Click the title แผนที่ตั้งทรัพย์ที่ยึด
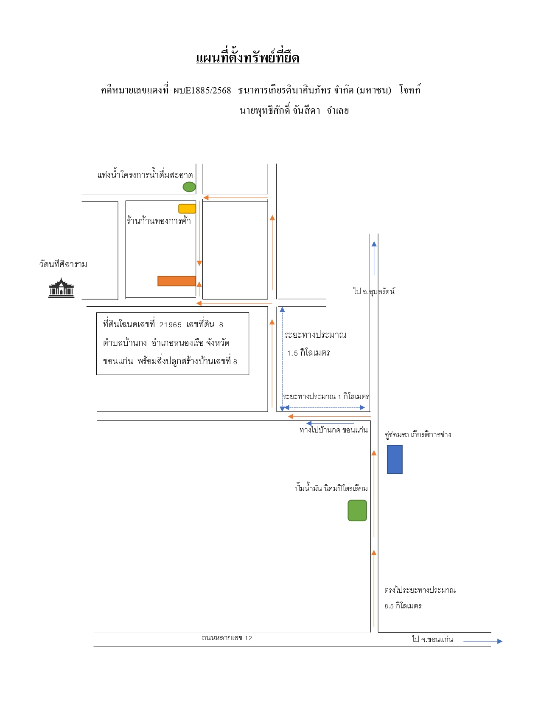[x=247, y=58]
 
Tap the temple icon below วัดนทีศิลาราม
[x=61, y=288]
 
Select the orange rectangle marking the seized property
[x=177, y=281]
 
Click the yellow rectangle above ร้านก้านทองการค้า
[x=187, y=209]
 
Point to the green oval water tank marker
[x=189, y=187]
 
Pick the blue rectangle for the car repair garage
[x=395, y=459]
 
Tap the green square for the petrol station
[x=357, y=511]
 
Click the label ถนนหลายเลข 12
[x=227, y=638]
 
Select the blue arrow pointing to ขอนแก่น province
[x=483, y=642]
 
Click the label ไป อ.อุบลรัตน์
[x=374, y=291]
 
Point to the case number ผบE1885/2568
[x=202, y=90]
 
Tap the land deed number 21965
[x=171, y=325]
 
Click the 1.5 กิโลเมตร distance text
[x=308, y=353]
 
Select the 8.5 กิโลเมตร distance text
[x=403, y=606]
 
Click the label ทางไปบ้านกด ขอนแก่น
[x=334, y=430]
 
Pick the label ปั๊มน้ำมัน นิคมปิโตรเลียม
[x=331, y=489]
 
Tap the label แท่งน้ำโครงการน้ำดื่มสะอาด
[x=145, y=175]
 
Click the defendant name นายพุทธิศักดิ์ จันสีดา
[x=280, y=111]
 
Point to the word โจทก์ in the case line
[x=410, y=89]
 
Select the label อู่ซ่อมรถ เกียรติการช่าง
[x=418, y=435]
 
